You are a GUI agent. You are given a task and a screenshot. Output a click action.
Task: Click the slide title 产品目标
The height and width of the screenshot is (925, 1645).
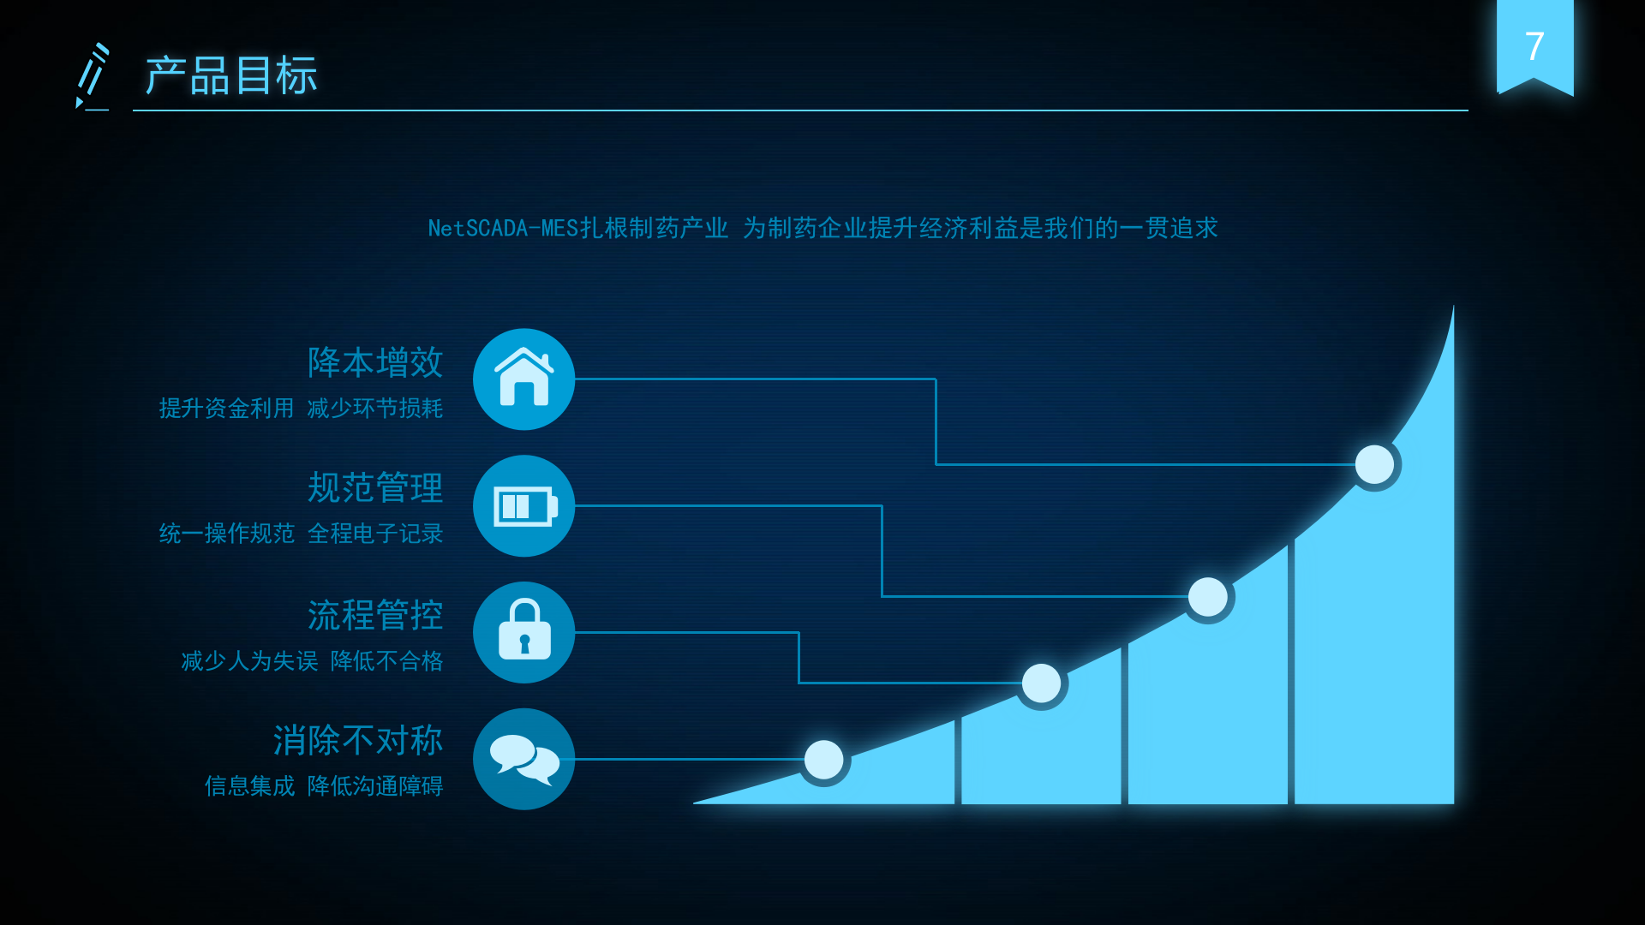[x=231, y=75]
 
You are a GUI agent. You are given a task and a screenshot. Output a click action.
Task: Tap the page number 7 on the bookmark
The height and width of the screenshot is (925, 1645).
[x=1534, y=46]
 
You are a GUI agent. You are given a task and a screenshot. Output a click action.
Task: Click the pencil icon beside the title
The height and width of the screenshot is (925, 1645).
[x=93, y=77]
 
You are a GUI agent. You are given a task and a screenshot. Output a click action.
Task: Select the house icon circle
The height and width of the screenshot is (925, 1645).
[x=523, y=379]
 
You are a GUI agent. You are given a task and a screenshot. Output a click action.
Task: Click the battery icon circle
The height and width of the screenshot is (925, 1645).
[x=523, y=506]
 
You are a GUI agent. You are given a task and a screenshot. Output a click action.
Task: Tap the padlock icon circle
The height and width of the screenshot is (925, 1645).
[x=523, y=632]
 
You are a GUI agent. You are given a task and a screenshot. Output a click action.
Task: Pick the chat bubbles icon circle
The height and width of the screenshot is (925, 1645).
[x=523, y=759]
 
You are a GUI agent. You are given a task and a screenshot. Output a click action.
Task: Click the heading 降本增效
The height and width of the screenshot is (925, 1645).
[x=375, y=362]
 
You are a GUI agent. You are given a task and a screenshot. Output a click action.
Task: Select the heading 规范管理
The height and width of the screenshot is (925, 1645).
[x=375, y=488]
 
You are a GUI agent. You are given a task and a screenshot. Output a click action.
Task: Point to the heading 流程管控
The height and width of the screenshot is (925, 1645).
[x=375, y=615]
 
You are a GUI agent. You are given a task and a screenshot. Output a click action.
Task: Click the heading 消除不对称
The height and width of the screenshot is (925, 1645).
[x=358, y=741]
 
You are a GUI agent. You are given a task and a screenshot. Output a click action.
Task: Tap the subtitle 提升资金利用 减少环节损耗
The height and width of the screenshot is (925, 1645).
[x=301, y=409]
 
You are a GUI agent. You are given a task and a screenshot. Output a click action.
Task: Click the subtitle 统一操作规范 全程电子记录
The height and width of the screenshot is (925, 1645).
[x=301, y=534]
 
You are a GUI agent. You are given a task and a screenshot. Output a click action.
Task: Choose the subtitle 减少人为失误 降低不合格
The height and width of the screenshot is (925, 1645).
[x=312, y=661]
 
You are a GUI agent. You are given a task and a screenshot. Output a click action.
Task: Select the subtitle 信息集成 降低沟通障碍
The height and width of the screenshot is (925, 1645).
[x=323, y=786]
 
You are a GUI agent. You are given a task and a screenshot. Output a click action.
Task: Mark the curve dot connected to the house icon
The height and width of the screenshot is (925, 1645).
[x=1374, y=464]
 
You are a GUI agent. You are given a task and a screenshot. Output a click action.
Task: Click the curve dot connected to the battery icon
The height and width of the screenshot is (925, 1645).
[x=1208, y=597]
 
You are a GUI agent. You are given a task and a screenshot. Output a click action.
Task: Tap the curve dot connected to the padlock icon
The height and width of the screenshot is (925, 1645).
[x=1042, y=683]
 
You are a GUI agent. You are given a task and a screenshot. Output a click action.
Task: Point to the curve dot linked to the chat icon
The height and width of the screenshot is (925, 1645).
[x=824, y=760]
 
